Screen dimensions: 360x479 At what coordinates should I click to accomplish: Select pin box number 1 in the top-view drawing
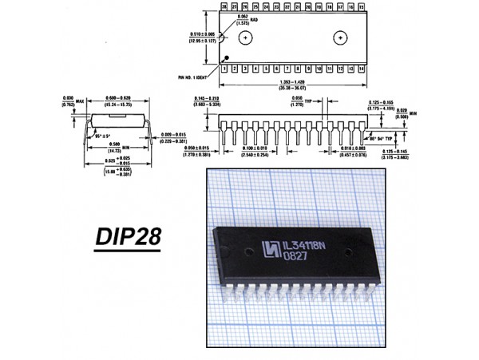pyautogui.click(x=225, y=70)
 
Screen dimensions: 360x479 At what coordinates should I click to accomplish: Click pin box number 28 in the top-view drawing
pyautogui.click(x=225, y=6)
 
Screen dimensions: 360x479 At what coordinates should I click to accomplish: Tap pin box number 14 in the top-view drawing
pyautogui.click(x=362, y=70)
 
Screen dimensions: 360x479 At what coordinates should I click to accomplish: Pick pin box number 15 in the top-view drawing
pyautogui.click(x=362, y=6)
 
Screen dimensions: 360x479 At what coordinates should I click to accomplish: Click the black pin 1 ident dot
pyautogui.click(x=228, y=57)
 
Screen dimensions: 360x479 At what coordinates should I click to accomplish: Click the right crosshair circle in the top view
pyautogui.click(x=341, y=37)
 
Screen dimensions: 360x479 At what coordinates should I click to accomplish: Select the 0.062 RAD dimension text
pyautogui.click(x=243, y=20)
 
